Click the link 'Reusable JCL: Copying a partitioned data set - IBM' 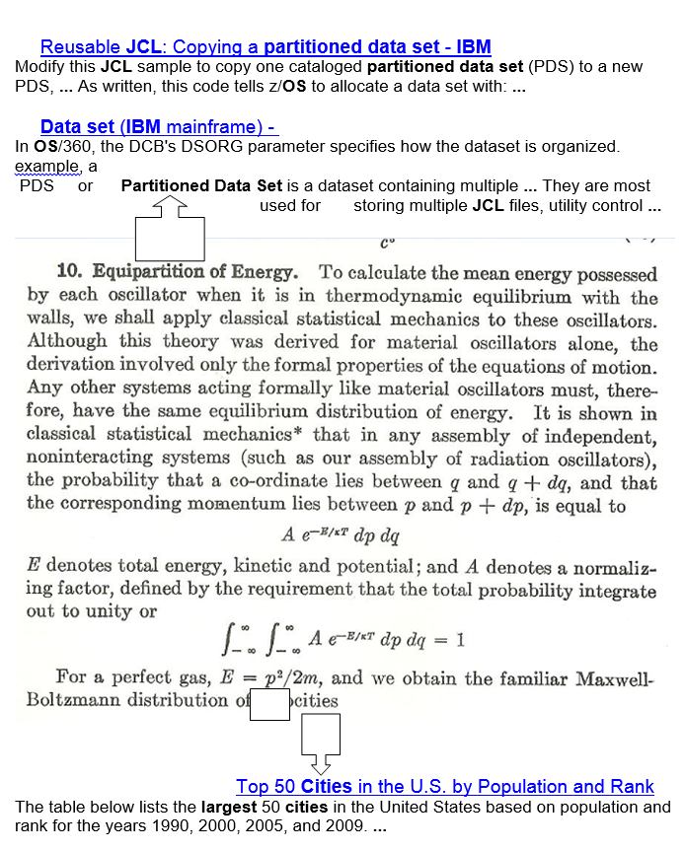coord(266,46)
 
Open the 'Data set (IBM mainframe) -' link coord(159,126)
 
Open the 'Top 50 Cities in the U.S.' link coord(444,786)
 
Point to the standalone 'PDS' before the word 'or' coord(37,185)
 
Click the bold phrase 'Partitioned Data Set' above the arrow coord(202,185)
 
